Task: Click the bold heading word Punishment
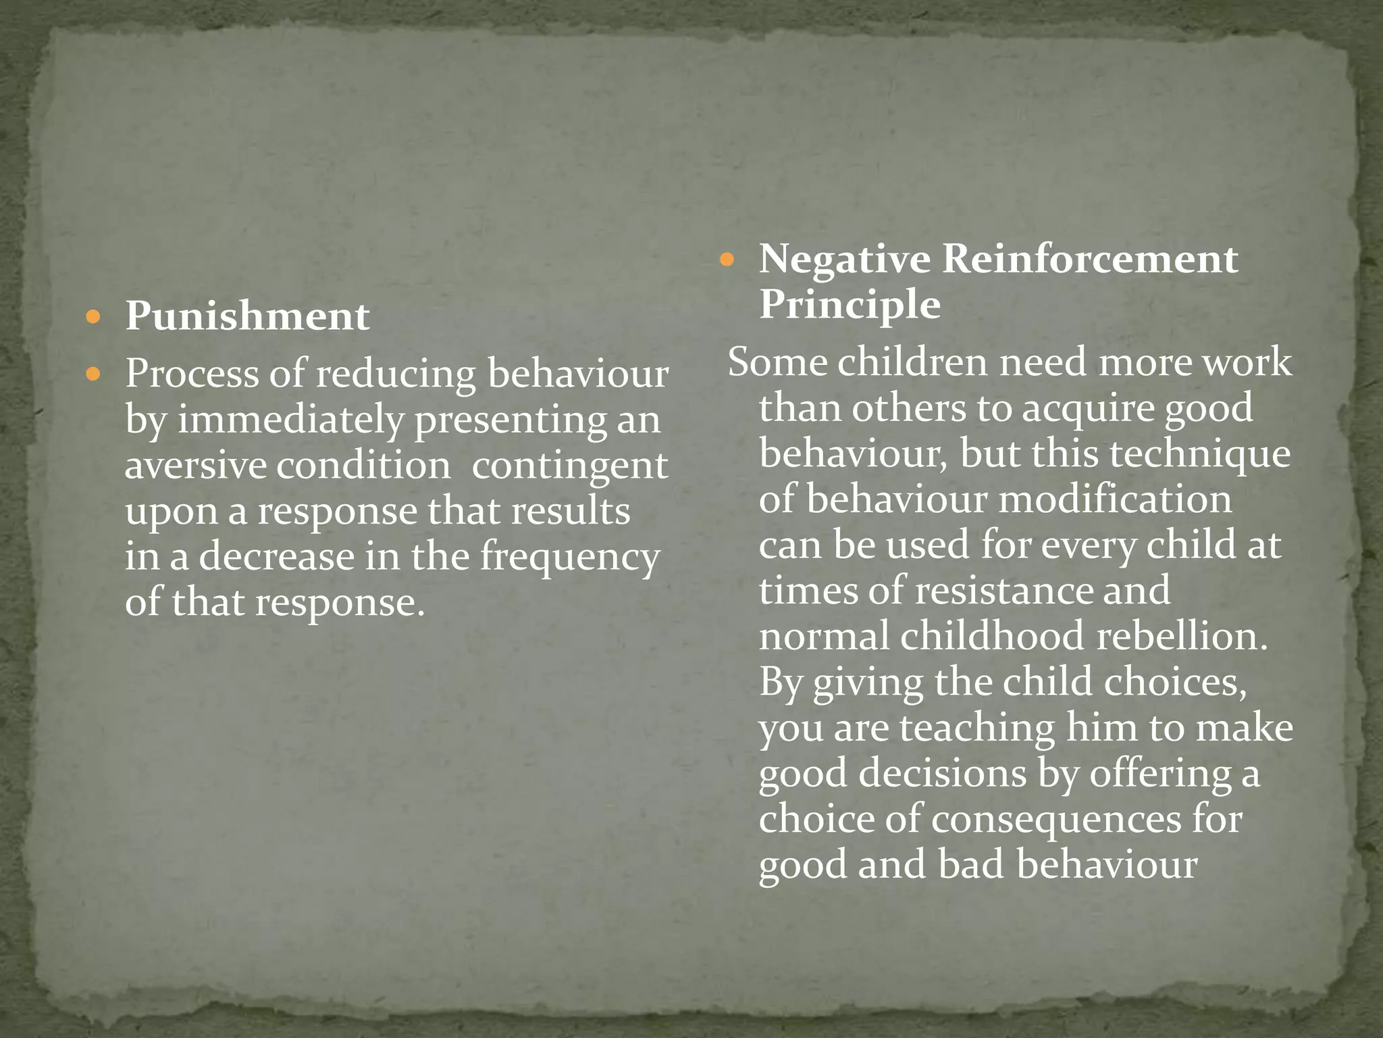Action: [247, 316]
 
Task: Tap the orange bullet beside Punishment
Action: [94, 316]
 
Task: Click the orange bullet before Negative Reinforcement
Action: [727, 259]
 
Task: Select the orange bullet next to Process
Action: [94, 373]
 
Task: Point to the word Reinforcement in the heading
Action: [1089, 259]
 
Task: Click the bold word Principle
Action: [850, 305]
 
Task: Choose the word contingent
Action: [569, 467]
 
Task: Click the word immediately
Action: [290, 420]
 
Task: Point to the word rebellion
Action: [1182, 637]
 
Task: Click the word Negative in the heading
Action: [844, 259]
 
